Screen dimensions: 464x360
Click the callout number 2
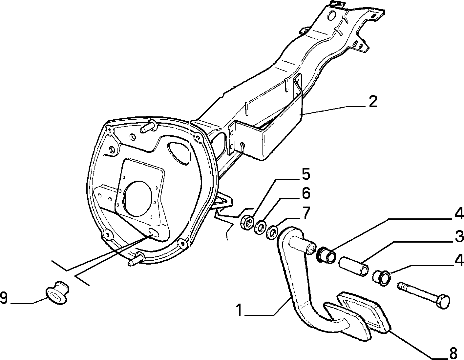372,102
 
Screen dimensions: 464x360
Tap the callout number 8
453,353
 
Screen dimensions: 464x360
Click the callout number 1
239,310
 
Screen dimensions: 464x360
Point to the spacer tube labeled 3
353,266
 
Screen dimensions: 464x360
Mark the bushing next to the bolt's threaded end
382,279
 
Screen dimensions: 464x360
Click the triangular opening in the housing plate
179,153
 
